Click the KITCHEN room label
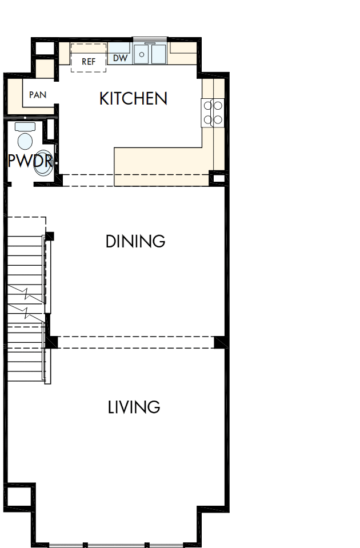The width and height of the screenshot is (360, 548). [x=133, y=98]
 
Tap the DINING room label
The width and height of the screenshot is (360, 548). [x=135, y=241]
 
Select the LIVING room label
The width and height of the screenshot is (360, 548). [x=134, y=407]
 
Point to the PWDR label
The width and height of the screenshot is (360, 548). [x=29, y=161]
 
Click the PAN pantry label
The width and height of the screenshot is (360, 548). [x=38, y=95]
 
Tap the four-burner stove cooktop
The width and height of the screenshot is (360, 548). [x=212, y=112]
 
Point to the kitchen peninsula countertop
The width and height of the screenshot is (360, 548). [x=163, y=166]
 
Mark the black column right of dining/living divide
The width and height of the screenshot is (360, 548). [x=219, y=342]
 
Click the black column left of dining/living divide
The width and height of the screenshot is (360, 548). [x=51, y=342]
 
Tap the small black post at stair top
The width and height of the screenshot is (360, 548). [x=50, y=235]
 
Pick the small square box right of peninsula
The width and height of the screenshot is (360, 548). [x=218, y=178]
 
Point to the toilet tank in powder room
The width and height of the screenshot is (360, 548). [x=25, y=126]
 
